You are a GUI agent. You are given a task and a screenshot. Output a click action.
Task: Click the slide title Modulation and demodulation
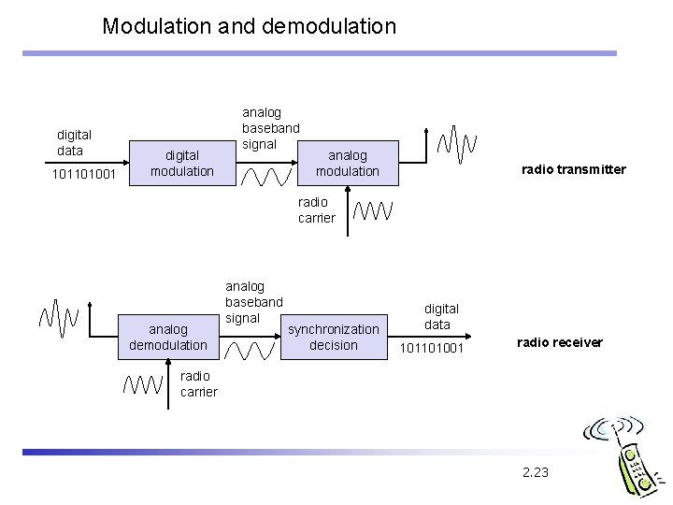click(x=250, y=26)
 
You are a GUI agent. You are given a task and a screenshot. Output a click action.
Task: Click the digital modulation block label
click(x=182, y=164)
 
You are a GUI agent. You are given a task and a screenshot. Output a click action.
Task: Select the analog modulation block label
click(x=347, y=164)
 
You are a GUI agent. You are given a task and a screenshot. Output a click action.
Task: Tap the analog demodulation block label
click(x=168, y=337)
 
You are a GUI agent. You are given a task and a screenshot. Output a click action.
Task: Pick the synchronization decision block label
click(x=334, y=337)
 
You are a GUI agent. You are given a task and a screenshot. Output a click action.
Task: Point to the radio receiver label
click(x=559, y=342)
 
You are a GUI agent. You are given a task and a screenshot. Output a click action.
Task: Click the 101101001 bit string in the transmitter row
click(x=84, y=174)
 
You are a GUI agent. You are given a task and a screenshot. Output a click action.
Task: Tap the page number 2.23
click(x=536, y=471)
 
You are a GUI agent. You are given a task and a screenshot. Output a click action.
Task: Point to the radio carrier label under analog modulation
click(x=316, y=209)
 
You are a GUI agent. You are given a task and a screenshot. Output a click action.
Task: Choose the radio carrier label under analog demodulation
click(x=198, y=383)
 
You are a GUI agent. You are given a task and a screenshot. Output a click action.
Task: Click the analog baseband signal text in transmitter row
click(x=271, y=128)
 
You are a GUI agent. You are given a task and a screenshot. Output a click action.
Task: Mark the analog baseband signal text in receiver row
click(x=253, y=302)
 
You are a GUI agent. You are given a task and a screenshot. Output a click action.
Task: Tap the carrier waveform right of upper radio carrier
click(x=373, y=210)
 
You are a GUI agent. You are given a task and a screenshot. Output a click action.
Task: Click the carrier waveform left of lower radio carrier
click(x=145, y=384)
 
